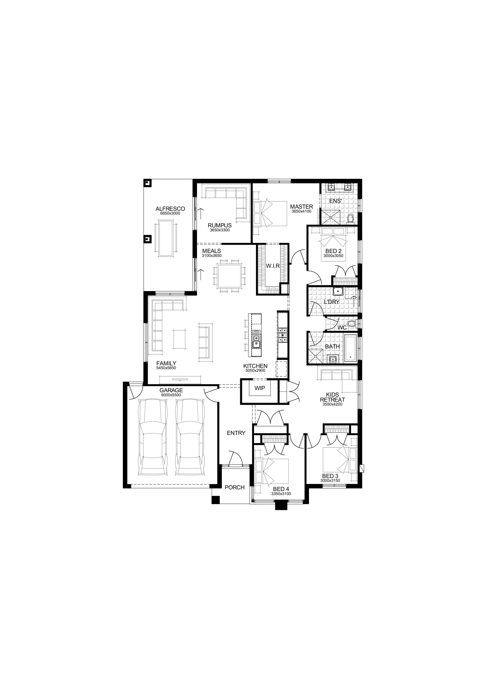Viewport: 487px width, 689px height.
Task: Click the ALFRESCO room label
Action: pos(170,209)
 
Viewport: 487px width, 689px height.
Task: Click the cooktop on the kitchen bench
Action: pos(283,335)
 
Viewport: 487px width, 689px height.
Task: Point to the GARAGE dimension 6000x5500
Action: pos(171,395)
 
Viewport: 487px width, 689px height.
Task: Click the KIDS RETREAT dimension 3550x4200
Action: pos(332,404)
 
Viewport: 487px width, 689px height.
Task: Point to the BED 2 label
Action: pos(334,251)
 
